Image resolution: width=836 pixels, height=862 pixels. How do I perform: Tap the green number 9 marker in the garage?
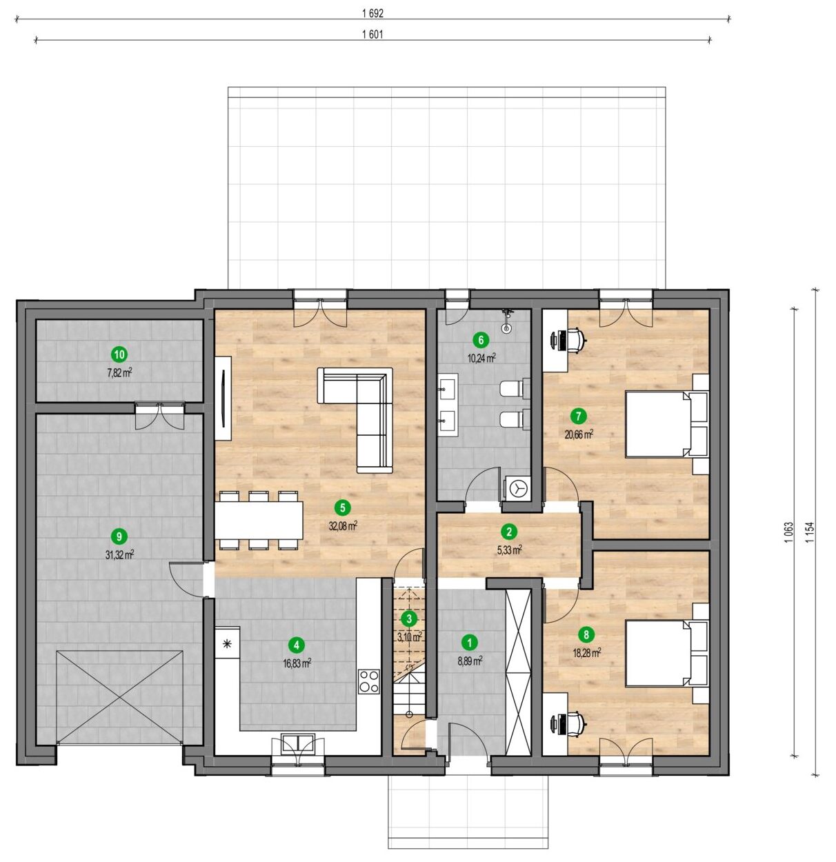[x=119, y=537]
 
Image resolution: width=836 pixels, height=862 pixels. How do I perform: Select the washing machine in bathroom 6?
[x=517, y=489]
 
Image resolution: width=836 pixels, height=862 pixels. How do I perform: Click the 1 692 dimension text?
[x=372, y=13]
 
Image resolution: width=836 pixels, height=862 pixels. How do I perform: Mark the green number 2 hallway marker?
[x=508, y=531]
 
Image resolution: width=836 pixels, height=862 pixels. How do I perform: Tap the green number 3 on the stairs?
[x=409, y=619]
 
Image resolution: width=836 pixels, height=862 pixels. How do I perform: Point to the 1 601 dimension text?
[x=372, y=34]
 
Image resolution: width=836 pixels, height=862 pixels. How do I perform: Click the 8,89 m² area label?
[x=470, y=661]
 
